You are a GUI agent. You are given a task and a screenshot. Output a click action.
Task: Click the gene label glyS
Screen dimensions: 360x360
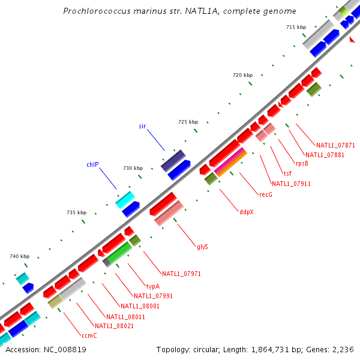click(202, 247)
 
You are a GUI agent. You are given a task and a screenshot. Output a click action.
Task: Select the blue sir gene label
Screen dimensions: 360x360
click(142, 126)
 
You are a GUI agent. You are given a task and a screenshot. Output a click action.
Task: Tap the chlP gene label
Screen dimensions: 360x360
click(92, 164)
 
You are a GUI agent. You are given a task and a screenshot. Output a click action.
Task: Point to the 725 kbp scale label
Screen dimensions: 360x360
click(188, 122)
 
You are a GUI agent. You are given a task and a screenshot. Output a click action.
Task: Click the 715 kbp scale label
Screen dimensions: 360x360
click(296, 27)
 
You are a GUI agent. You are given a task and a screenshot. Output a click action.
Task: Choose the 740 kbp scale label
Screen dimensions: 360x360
click(19, 256)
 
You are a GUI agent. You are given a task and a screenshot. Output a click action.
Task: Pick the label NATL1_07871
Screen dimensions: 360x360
click(335, 145)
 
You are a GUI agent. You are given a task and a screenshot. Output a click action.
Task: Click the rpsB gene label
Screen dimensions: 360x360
click(302, 163)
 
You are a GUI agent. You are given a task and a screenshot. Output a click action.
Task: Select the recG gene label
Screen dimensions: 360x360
click(266, 194)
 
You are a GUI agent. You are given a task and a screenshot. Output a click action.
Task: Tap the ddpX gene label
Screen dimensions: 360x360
click(246, 211)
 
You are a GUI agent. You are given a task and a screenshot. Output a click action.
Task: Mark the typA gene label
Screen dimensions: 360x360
click(153, 286)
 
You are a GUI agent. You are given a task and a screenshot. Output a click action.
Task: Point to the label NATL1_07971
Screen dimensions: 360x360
click(181, 274)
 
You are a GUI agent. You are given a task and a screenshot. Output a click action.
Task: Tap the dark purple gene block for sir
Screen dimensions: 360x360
click(173, 161)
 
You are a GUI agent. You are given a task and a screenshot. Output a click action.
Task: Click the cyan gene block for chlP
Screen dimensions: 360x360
click(125, 200)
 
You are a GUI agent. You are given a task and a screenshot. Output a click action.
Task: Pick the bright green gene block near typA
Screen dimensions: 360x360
click(119, 253)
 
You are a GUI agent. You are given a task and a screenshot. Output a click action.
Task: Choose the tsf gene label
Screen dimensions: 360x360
click(287, 174)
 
